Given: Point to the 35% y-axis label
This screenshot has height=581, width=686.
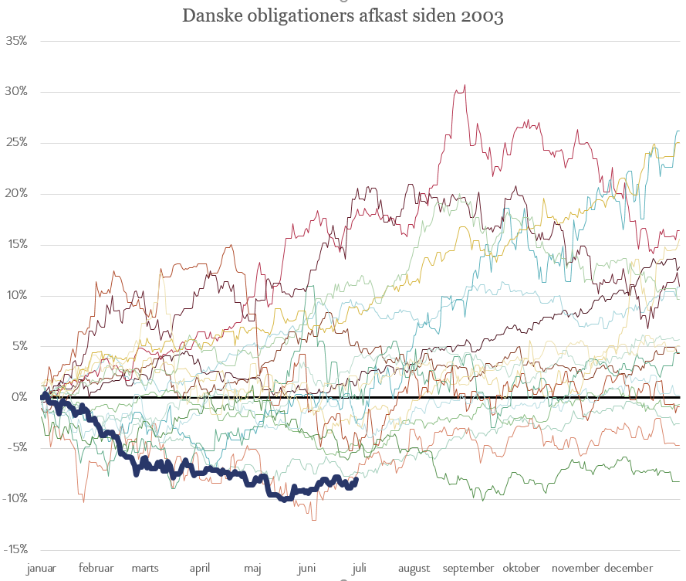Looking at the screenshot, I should [16, 40].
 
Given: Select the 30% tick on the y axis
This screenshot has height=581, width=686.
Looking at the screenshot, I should [16, 91].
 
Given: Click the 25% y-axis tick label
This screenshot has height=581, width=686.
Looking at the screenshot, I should [16, 142].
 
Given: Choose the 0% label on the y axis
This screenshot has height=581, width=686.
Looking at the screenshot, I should [19, 397].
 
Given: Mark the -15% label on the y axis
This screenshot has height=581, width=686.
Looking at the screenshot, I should [15, 549].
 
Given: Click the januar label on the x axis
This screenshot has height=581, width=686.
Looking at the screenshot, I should [42, 569].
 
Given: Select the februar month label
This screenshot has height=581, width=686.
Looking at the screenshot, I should [96, 569].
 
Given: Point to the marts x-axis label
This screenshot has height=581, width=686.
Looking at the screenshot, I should [145, 569].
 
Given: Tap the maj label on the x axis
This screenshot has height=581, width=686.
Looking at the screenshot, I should [252, 569].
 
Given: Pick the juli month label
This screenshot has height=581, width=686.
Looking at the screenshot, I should [359, 569].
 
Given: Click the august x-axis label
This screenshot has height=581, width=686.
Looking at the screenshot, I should [414, 569].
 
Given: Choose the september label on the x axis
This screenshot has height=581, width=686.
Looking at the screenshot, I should [468, 569].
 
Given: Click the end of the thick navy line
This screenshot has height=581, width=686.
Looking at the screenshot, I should [356, 479].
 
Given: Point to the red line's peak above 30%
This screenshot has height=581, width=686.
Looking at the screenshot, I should [464, 86].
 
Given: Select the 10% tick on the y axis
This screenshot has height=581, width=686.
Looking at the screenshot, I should [16, 295].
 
